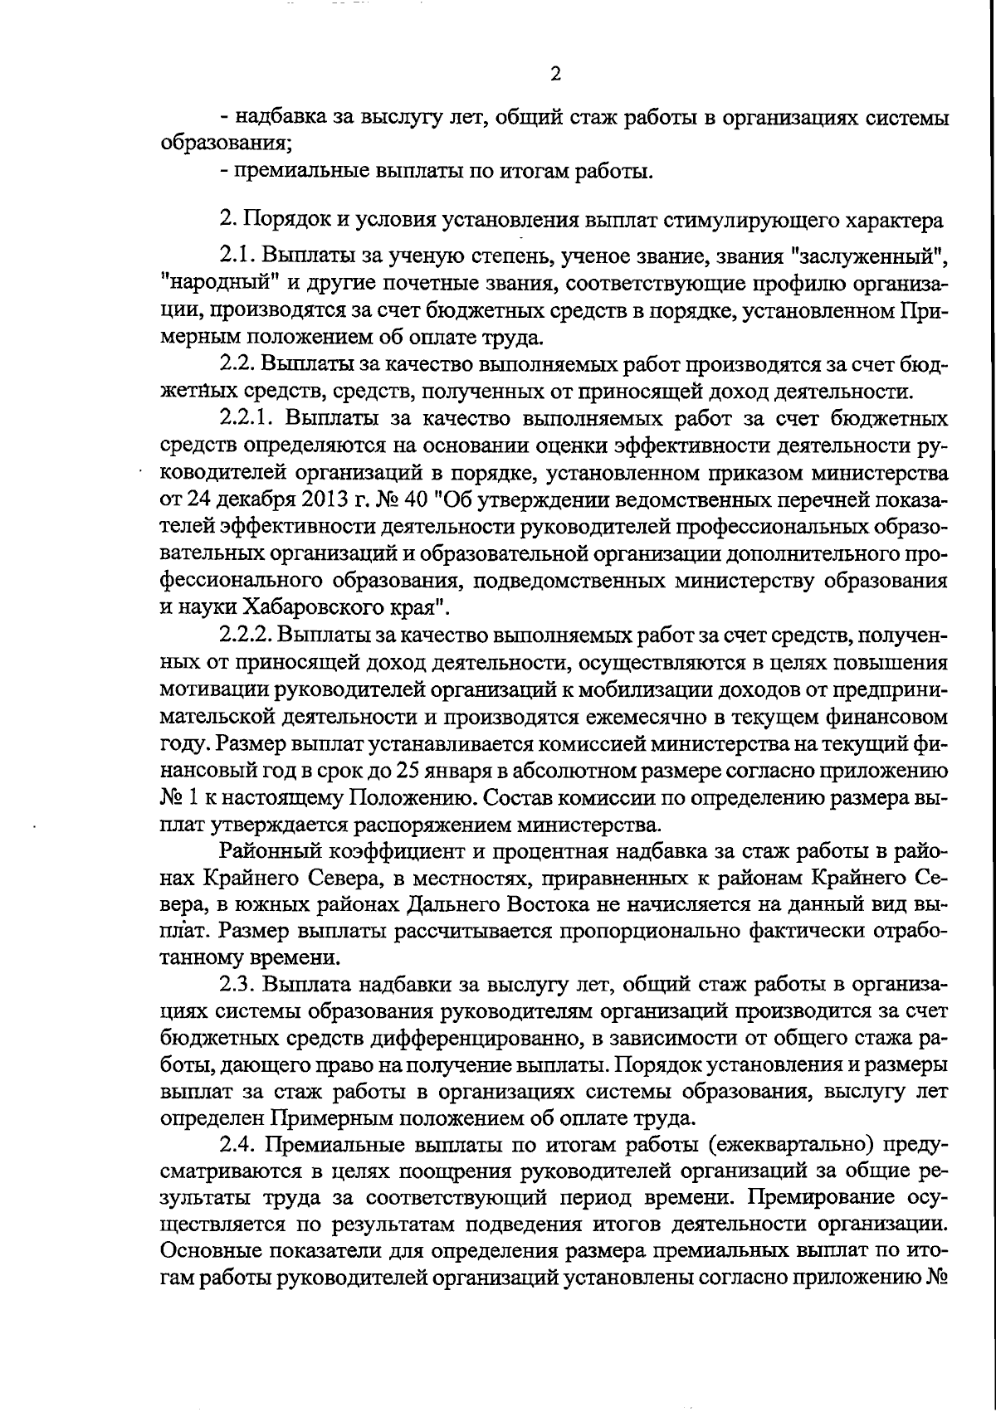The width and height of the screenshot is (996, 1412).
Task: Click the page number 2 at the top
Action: [x=555, y=74]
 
